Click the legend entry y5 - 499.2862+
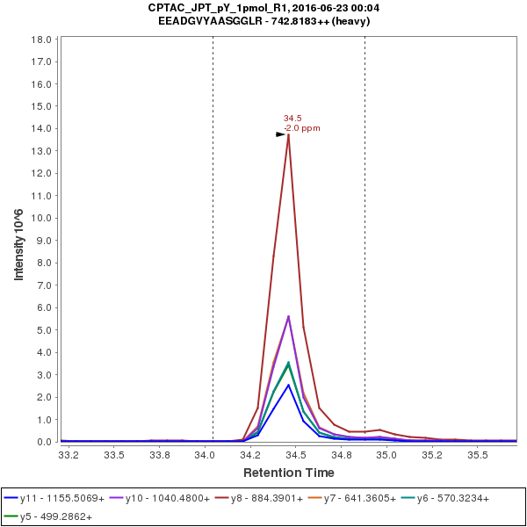tap(55, 516)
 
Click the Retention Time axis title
tap(287, 473)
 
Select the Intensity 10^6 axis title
tap(18, 240)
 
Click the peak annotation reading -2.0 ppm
tap(302, 128)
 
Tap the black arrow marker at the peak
tap(281, 134)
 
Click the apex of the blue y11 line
tap(288, 385)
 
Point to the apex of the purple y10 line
tap(288, 316)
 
